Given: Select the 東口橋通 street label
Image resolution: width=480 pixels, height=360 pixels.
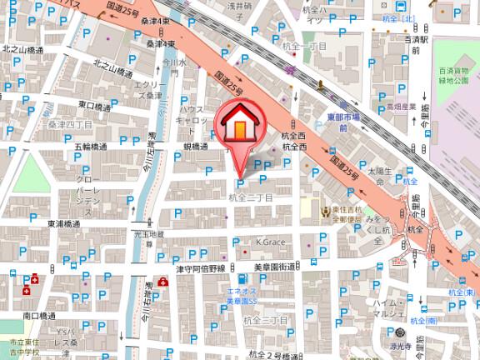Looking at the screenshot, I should coord(94,107).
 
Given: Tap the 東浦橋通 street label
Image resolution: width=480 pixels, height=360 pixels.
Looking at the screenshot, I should coord(63,224).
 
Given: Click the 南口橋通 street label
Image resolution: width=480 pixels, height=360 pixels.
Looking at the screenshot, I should coord(39,316).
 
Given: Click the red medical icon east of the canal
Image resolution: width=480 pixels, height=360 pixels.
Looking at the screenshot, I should coord(161,283).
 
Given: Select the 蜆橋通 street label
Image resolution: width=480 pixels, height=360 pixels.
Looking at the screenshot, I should coord(194,146).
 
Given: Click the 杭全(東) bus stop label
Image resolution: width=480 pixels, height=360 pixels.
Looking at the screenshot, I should coord(462,292).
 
